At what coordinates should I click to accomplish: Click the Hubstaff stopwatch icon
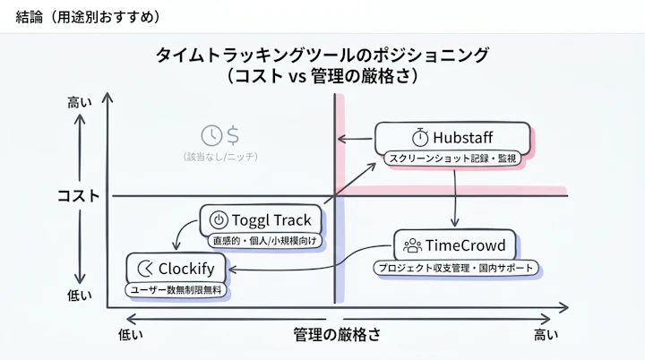tap(419, 137)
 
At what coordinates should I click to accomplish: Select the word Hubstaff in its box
tap(462, 137)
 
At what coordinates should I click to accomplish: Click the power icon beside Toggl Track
tap(217, 220)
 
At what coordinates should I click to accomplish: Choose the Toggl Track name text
tap(271, 220)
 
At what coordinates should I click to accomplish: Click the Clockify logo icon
tap(144, 268)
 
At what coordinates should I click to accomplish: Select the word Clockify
tap(188, 268)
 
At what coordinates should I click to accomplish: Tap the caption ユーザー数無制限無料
tap(176, 290)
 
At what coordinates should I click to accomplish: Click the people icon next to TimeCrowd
tap(413, 245)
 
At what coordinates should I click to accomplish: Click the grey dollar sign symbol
tap(233, 134)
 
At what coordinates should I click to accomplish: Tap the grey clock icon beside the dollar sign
tap(211, 134)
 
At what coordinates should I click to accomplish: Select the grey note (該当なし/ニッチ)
tap(220, 157)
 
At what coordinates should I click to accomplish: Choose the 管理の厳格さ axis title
tap(337, 335)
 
